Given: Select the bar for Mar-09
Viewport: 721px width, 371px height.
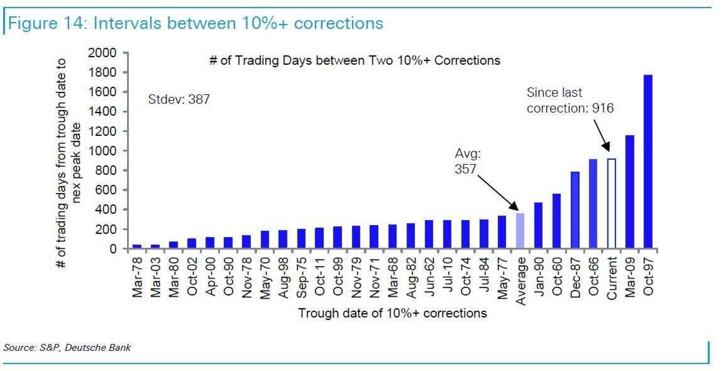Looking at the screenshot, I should [x=629, y=192].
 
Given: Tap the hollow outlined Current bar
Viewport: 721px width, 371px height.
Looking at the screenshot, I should [x=611, y=204].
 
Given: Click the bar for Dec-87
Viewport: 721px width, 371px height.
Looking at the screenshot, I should [x=575, y=210].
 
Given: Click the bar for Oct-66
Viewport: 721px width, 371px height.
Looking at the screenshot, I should [x=593, y=204].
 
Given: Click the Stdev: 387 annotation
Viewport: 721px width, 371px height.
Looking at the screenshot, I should [x=179, y=99].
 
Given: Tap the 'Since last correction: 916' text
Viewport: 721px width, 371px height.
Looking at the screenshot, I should [x=570, y=101].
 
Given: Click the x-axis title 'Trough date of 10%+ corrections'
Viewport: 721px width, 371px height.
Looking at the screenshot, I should [x=392, y=313].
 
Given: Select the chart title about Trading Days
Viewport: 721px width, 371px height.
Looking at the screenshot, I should [x=355, y=61].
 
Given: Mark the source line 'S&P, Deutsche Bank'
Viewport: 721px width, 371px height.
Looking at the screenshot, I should [x=67, y=347].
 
